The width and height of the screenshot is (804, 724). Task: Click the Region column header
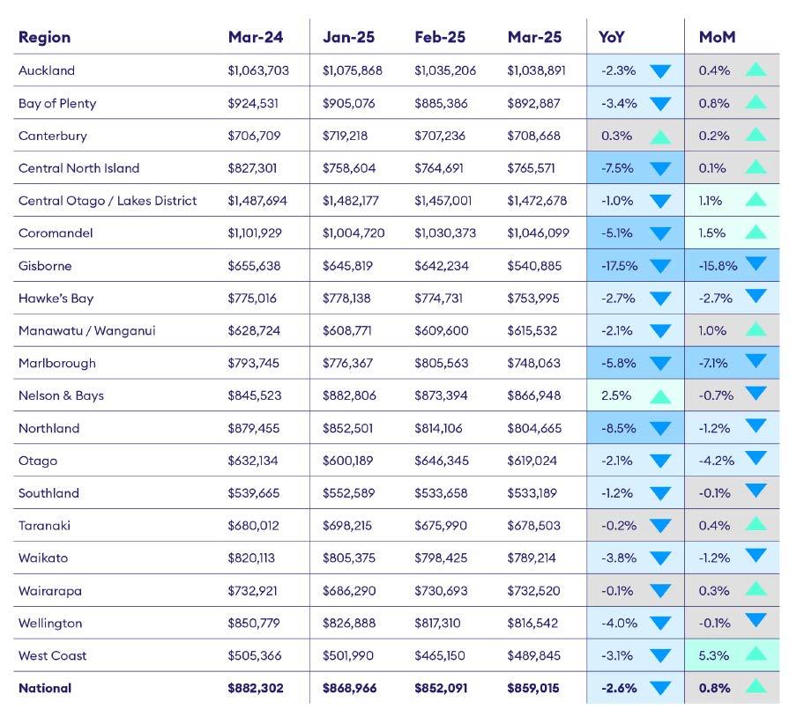point(44,37)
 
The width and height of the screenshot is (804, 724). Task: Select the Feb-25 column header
point(440,37)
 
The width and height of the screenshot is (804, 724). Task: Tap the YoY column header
point(612,37)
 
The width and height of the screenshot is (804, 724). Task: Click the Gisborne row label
point(45,265)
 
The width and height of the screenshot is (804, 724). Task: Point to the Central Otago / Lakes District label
point(108,200)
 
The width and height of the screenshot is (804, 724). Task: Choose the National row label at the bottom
point(45,688)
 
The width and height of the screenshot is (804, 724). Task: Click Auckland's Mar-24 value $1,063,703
point(258,70)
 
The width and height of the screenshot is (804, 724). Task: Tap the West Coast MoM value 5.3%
point(714,655)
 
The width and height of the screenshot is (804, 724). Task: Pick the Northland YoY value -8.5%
point(618,428)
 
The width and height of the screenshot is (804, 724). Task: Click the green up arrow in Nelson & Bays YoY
point(660,396)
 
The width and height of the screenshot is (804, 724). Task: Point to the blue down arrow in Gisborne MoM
point(756,265)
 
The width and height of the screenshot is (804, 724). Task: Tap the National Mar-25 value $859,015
point(533,688)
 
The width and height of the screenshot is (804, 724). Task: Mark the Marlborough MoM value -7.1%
point(715,363)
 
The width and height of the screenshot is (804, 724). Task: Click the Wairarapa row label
point(50,590)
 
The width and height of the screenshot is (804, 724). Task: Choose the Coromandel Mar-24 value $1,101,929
point(259,233)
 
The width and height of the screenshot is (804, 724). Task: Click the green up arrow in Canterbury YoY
point(660,137)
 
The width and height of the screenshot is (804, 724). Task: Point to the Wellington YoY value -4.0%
point(618,623)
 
